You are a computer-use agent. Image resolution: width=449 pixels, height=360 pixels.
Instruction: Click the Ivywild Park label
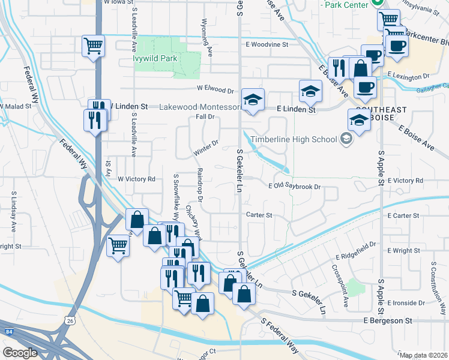click(155, 59)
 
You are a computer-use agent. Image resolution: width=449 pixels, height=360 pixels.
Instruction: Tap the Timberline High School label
click(294, 140)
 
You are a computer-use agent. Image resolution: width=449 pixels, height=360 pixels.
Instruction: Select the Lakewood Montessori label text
click(200, 107)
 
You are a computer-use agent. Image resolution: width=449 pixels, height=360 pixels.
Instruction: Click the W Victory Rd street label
click(136, 179)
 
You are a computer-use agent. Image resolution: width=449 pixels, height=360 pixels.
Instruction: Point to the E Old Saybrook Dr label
click(295, 187)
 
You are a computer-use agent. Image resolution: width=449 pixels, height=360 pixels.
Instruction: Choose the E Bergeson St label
click(388, 321)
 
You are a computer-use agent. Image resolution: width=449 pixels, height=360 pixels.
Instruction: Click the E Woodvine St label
click(267, 44)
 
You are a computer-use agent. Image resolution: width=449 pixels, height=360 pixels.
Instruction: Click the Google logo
click(20, 352)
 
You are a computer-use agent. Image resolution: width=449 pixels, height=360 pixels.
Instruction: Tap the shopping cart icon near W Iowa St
click(94, 46)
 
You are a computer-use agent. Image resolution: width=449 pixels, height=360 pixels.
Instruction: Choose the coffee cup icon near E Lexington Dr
click(364, 88)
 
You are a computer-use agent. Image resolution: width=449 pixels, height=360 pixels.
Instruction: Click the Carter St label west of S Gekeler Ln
click(259, 215)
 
